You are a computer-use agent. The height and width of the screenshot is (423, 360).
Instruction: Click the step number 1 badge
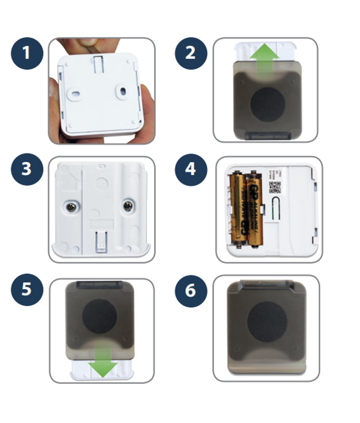27,53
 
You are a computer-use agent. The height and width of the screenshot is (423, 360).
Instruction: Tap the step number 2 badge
191,53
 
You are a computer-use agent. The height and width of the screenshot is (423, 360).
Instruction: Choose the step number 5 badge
27,289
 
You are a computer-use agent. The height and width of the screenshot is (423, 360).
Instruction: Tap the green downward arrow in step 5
103,363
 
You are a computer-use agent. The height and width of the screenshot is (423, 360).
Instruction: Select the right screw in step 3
128,207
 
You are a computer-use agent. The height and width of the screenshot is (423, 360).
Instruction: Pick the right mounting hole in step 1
123,92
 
